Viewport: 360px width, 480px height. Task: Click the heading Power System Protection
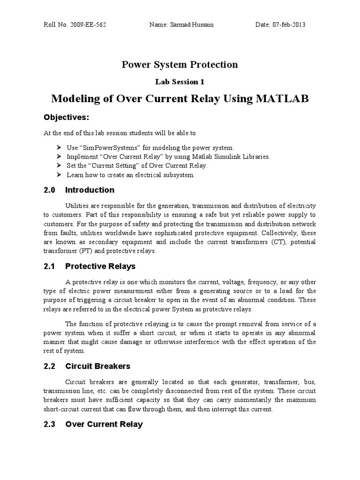180,64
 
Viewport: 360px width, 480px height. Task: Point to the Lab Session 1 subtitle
180,82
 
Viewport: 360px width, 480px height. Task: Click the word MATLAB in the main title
281,99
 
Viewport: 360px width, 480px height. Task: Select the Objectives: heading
66,116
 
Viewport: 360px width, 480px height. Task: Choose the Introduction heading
90,190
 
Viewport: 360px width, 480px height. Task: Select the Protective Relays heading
100,266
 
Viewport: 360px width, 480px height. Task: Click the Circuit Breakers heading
97,366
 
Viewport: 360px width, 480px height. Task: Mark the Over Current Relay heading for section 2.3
104,424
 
